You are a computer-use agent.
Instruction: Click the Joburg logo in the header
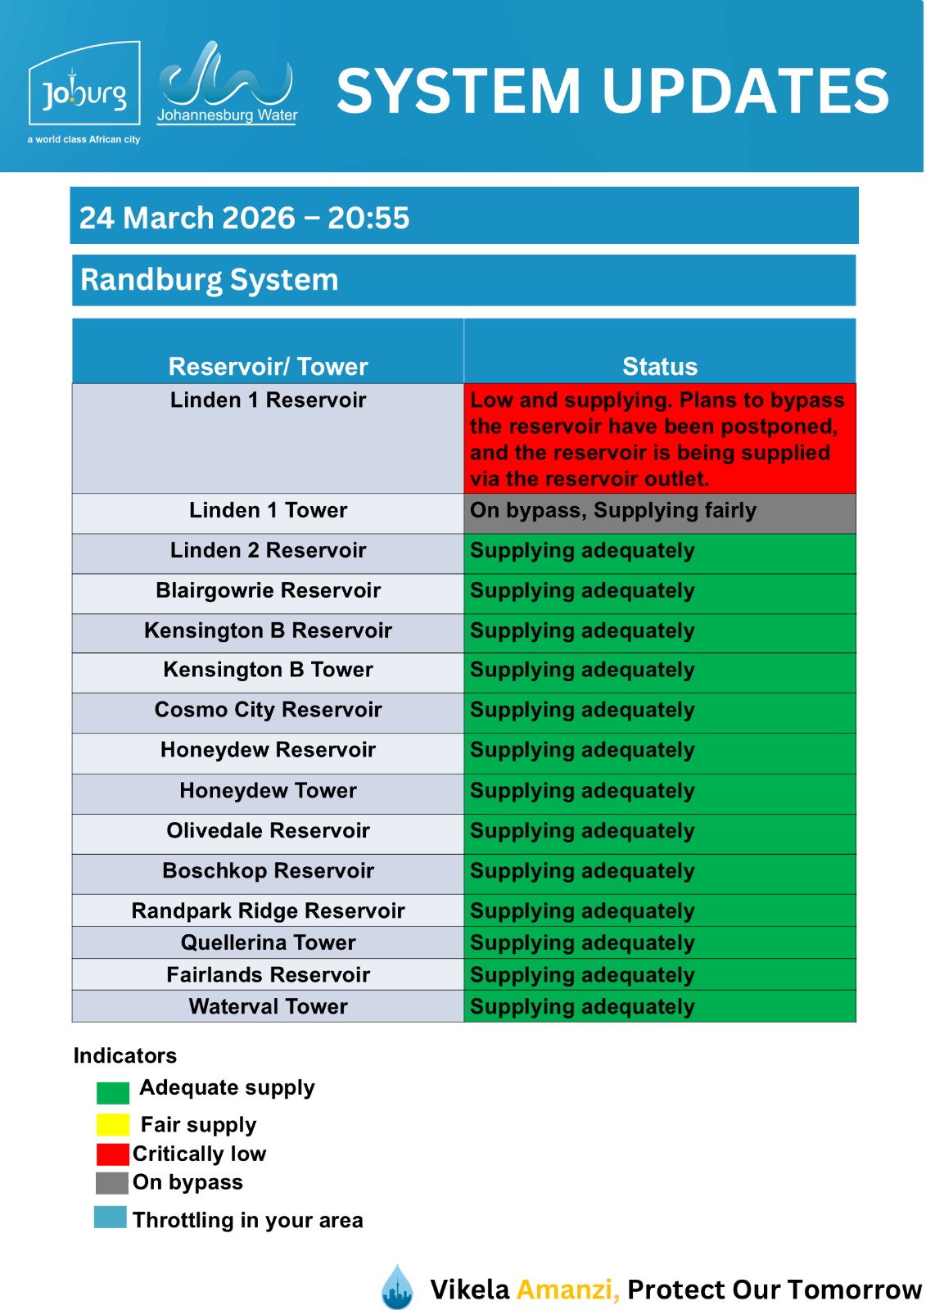(x=84, y=92)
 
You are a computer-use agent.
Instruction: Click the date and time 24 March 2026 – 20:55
(x=244, y=218)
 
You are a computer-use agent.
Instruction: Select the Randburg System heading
(x=210, y=280)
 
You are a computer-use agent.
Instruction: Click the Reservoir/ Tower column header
(x=268, y=366)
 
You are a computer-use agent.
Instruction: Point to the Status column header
(x=659, y=366)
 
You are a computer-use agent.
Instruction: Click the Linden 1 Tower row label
(x=268, y=511)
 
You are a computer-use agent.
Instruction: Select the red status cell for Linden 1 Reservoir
(x=659, y=439)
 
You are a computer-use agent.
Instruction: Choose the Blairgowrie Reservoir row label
(x=268, y=591)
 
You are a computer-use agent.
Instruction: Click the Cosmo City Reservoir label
(x=268, y=710)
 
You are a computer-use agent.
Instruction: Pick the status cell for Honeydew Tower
(x=659, y=792)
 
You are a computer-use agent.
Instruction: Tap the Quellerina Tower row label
(x=268, y=943)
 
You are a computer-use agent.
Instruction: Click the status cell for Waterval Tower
(x=659, y=1007)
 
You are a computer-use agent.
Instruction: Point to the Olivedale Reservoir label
(x=268, y=831)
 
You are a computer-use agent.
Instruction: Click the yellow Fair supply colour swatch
(x=113, y=1124)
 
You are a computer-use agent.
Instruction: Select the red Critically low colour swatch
(x=113, y=1154)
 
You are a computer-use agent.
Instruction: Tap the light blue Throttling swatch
(x=111, y=1217)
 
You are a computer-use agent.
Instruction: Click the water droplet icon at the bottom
(x=398, y=1287)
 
